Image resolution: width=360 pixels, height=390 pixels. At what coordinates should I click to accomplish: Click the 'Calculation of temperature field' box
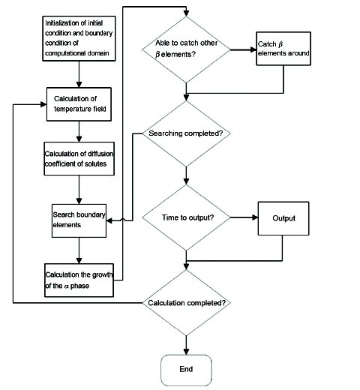[79, 104]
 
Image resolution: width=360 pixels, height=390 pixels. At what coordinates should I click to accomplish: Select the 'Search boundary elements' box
[79, 220]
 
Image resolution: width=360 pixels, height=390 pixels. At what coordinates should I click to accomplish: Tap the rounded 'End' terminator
[186, 370]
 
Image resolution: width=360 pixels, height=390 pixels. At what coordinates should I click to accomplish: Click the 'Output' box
[283, 218]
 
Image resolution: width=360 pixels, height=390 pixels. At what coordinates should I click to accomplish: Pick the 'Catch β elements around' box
[283, 49]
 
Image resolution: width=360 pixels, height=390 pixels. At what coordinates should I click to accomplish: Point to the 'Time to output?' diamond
[186, 217]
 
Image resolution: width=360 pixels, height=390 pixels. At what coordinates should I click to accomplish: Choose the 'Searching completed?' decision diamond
[186, 133]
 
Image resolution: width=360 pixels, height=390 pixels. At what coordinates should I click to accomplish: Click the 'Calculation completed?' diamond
[186, 303]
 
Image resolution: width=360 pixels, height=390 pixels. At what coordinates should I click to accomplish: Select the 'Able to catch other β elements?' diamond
[186, 49]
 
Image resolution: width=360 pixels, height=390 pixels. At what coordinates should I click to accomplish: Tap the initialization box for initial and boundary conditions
[79, 38]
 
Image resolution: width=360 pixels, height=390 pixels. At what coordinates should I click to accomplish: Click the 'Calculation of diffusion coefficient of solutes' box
[79, 159]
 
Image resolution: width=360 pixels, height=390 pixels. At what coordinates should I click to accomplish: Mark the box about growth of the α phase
[79, 280]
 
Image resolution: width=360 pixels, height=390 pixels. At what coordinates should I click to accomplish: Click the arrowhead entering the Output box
[255, 217]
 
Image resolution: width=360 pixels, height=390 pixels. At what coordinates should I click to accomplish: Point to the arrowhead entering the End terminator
[186, 351]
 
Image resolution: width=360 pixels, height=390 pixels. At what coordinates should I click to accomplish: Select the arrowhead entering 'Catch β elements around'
[253, 49]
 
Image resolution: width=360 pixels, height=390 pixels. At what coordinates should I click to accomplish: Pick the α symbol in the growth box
[67, 286]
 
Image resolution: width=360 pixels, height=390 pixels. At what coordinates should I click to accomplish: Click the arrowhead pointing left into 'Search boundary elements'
[109, 220]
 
